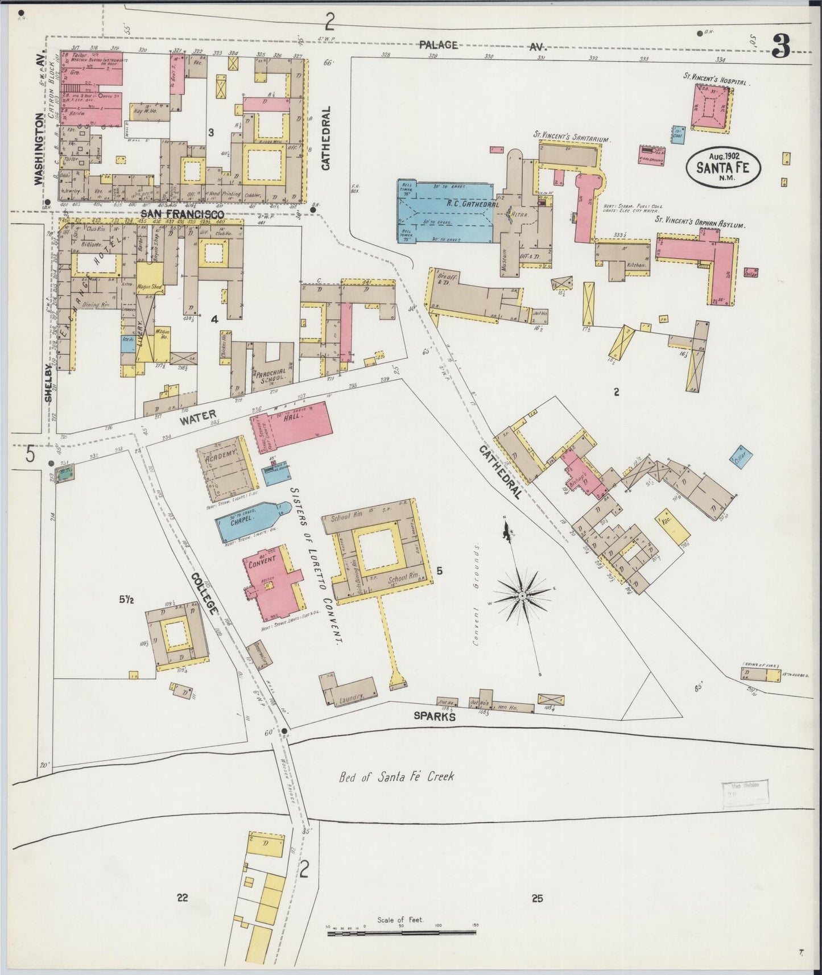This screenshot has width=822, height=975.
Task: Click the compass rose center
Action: tap(521, 596)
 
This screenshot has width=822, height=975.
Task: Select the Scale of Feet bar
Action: tap(402, 932)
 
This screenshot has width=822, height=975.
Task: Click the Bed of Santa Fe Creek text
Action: tap(396, 776)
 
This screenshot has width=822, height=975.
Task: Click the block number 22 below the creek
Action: tap(182, 898)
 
